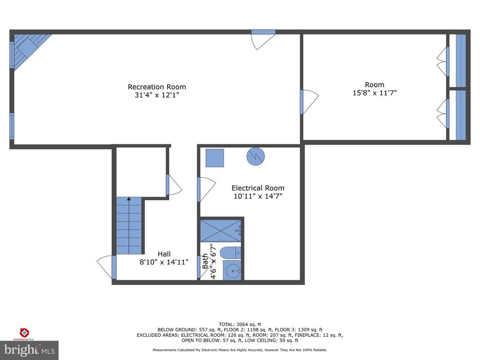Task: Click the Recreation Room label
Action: click(157, 87)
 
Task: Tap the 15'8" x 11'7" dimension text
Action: click(375, 93)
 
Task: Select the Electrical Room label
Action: click(258, 188)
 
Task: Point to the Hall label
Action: click(164, 254)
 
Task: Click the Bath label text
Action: click(205, 261)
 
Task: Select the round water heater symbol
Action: click(255, 157)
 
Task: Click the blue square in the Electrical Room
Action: click(215, 158)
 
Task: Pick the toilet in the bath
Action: click(230, 253)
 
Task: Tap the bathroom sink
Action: click(232, 270)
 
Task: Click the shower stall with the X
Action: click(221, 231)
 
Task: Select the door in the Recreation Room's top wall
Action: click(263, 39)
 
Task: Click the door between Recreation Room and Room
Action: click(309, 102)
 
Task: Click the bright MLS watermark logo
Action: click(30, 350)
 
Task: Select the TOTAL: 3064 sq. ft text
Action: click(240, 324)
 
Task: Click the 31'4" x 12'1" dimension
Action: click(157, 95)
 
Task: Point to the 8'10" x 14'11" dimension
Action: click(164, 262)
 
